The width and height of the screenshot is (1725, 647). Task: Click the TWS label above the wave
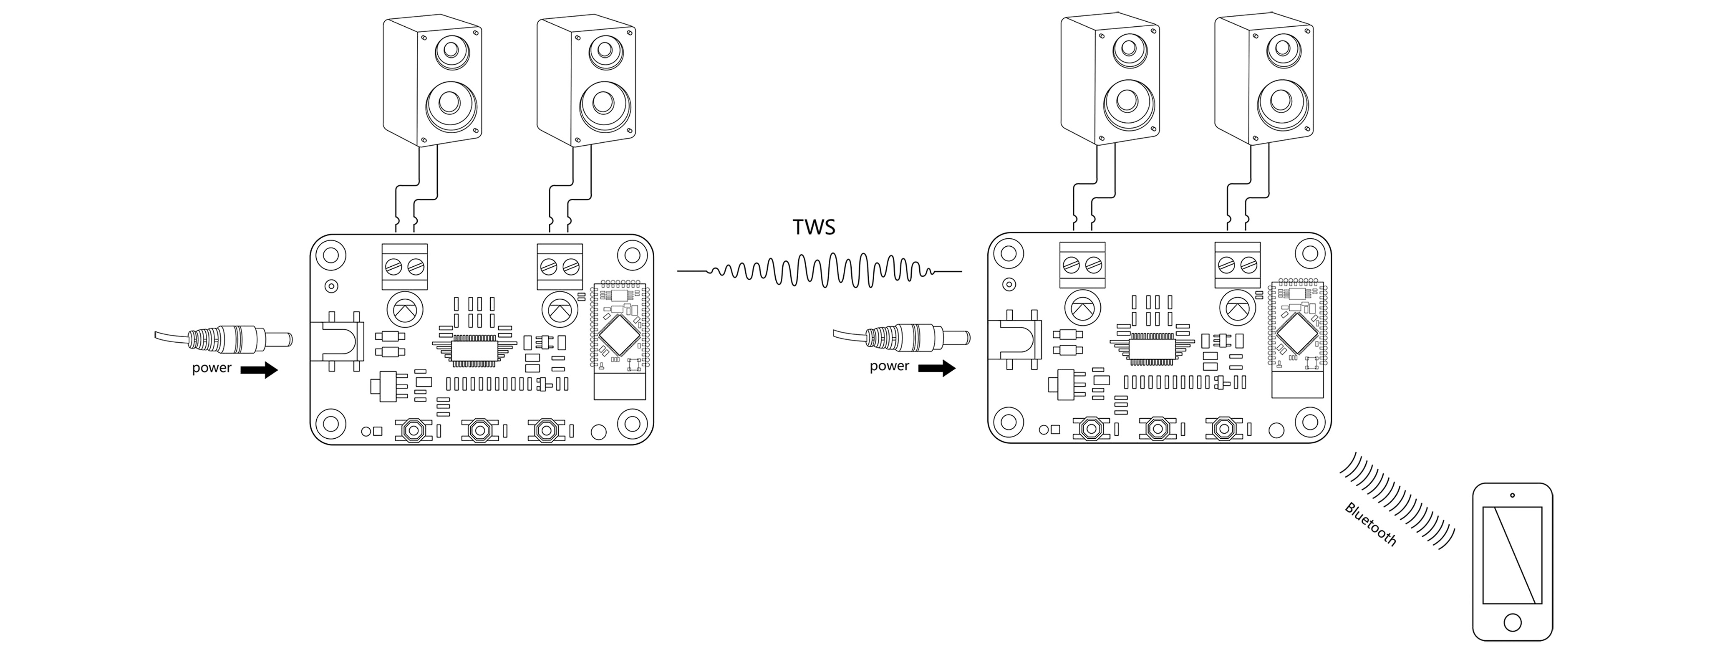(x=814, y=227)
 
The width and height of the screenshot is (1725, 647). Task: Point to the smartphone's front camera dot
(x=1512, y=495)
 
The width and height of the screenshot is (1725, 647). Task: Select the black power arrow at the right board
(x=937, y=367)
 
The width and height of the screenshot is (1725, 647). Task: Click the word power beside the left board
(x=212, y=368)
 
